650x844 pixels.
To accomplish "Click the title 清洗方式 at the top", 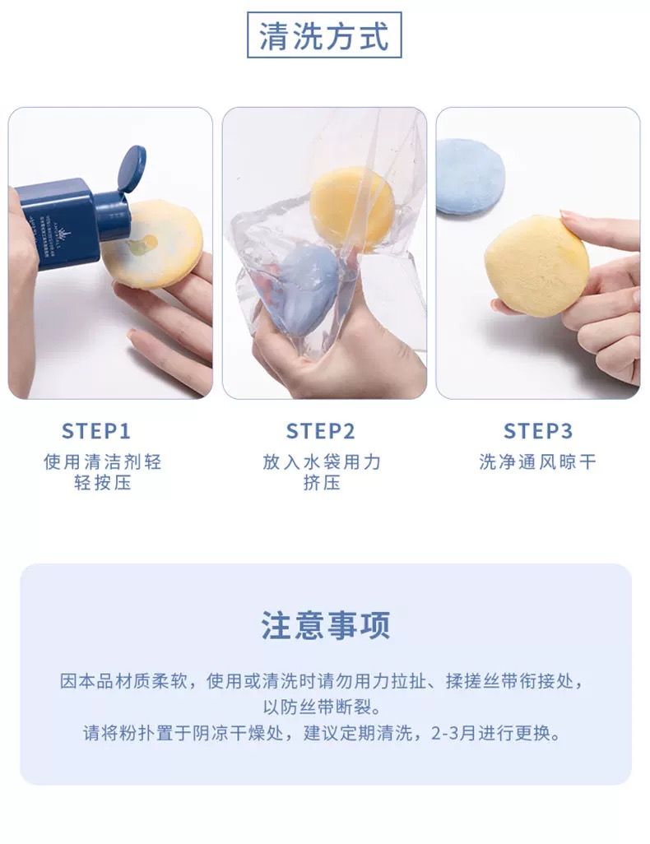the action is tap(324, 35).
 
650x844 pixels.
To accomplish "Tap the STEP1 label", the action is tap(96, 431).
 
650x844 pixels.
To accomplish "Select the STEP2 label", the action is tap(320, 431).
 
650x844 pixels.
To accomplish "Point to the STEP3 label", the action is tap(538, 431).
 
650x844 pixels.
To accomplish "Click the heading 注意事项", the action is tap(325, 625).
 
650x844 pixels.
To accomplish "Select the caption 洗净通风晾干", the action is tap(537, 461).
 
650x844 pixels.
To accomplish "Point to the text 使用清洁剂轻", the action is tap(102, 461).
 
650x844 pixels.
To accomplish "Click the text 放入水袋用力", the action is tap(322, 461).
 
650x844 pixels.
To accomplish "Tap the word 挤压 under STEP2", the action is tap(322, 483).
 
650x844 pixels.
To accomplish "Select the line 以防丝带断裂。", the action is tap(322, 707).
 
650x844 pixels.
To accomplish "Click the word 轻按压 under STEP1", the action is tap(102, 483).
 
